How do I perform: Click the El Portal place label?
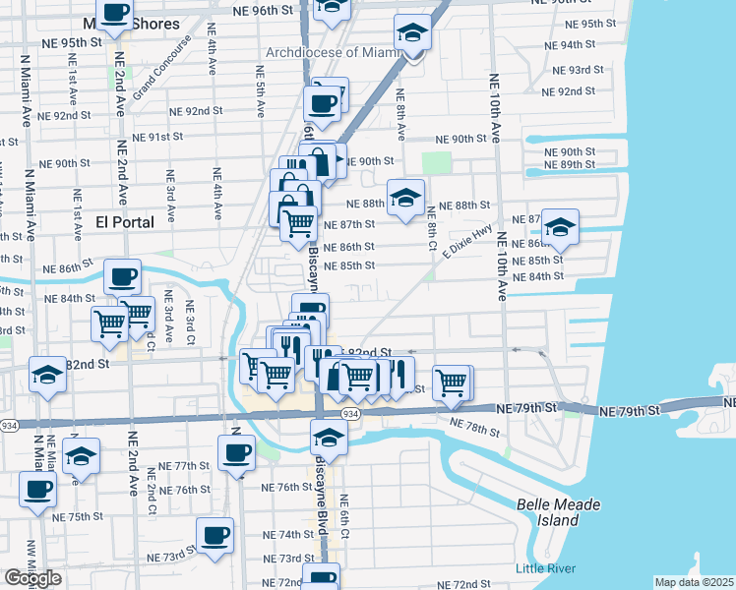125,222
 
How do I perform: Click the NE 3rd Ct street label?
189,321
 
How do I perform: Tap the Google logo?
32,577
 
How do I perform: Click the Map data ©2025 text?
695,582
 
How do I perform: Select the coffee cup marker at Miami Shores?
116,13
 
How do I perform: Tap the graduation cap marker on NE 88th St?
405,197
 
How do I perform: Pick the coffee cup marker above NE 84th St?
122,276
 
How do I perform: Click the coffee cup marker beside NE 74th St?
215,535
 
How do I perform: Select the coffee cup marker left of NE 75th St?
37,489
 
